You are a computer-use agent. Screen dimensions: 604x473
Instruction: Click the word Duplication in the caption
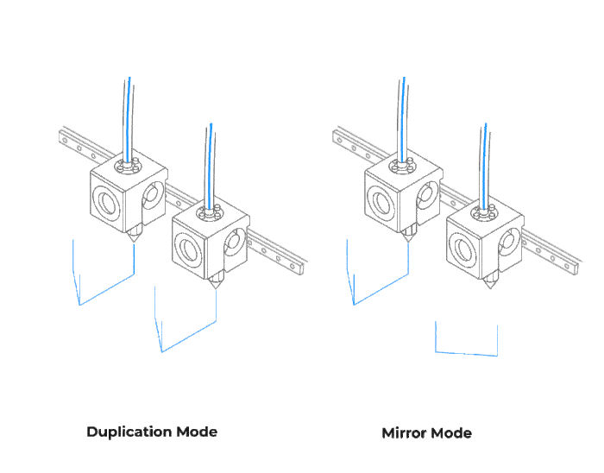pyautogui.click(x=129, y=432)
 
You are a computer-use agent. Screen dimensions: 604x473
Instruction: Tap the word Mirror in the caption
pyautogui.click(x=401, y=433)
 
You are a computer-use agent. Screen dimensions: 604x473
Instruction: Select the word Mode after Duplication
pyautogui.click(x=197, y=432)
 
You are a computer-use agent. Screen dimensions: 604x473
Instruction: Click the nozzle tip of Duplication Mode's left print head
pyautogui.click(x=134, y=242)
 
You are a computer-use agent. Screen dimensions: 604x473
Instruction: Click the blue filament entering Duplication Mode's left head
pyautogui.click(x=129, y=119)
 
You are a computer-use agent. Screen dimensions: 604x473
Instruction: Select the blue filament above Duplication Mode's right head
pyautogui.click(x=211, y=166)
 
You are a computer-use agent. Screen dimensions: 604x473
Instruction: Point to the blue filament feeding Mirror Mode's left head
pyautogui.click(x=403, y=119)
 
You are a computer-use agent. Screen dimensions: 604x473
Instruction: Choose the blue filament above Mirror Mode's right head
pyautogui.click(x=485, y=166)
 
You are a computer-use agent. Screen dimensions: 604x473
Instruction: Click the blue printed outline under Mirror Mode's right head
pyautogui.click(x=466, y=353)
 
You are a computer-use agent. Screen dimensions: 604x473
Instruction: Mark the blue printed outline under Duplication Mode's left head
pyautogui.click(x=107, y=289)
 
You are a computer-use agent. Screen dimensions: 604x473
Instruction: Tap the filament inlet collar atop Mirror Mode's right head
pyautogui.click(x=485, y=212)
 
